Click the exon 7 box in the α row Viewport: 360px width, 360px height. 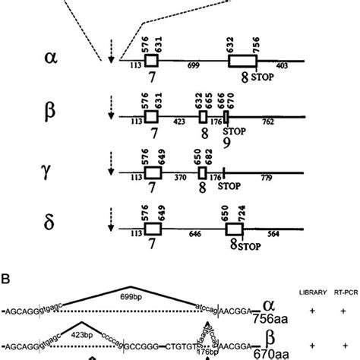click(151, 60)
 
